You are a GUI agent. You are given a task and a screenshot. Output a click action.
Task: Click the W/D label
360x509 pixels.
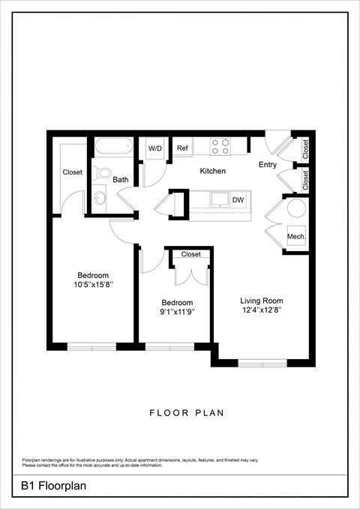155,148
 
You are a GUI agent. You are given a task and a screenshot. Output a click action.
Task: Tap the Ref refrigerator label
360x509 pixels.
182,148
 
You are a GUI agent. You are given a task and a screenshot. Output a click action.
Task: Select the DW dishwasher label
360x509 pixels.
238,200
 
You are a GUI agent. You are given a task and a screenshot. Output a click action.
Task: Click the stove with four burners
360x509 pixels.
220,146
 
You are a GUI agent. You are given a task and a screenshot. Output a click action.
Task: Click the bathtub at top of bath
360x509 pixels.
113,147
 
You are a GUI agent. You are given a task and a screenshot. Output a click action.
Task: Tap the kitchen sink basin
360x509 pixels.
219,199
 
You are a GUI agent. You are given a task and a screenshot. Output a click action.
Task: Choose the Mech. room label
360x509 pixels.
295,237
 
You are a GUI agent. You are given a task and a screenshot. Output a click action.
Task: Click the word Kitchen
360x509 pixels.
212,172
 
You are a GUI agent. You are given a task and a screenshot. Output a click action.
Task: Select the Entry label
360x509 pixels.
268,164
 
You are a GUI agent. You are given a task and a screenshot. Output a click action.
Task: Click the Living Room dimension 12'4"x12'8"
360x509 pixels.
262,310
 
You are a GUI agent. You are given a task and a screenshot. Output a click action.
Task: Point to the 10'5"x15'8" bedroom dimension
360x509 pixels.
94,285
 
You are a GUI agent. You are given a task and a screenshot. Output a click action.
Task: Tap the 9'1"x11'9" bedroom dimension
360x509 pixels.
178,313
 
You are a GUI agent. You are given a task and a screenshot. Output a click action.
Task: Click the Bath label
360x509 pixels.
121,180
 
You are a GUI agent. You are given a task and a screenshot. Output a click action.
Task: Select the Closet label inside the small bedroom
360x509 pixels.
191,254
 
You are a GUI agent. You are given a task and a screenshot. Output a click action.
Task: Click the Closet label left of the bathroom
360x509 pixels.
73,172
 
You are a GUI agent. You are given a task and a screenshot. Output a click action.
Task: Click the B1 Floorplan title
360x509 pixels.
54,486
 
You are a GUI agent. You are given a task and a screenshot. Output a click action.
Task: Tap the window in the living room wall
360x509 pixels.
262,364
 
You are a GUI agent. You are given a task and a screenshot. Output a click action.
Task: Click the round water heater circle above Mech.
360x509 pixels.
295,208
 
